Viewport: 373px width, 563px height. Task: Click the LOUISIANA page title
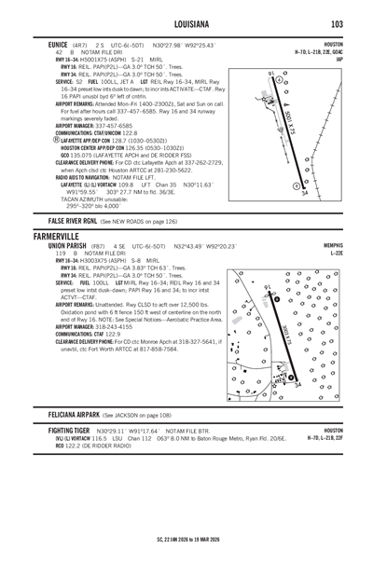coord(186,22)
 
